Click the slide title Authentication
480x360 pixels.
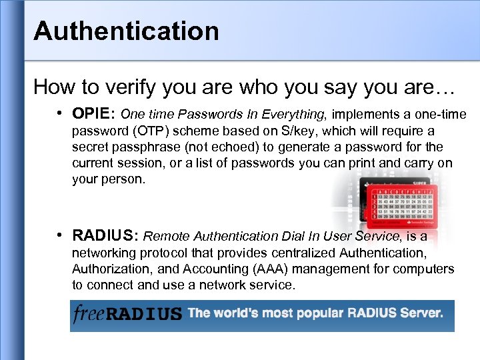tap(126, 31)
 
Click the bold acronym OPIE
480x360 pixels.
tap(93, 114)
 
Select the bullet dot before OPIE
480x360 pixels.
tap(61, 113)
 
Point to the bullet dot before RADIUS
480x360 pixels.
tap(61, 235)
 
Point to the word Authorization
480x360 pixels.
tap(109, 269)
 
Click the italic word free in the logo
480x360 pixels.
tap(89, 313)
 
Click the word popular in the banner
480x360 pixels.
tap(308, 313)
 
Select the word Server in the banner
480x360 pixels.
tap(420, 313)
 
